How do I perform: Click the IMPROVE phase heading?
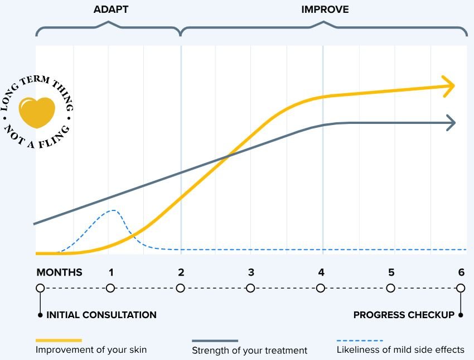(x=325, y=9)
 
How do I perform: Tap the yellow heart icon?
(x=37, y=112)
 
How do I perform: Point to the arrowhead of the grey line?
(x=450, y=123)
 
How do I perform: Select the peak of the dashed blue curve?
(x=114, y=210)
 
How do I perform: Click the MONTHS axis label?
(x=59, y=272)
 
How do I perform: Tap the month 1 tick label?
(x=111, y=272)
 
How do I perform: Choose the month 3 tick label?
(x=251, y=272)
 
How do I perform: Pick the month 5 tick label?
(x=391, y=272)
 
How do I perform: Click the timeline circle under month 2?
(x=180, y=288)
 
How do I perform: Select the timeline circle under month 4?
(x=321, y=288)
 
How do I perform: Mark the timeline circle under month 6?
(x=461, y=288)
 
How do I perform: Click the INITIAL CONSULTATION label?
(x=101, y=315)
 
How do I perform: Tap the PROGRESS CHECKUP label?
(x=404, y=315)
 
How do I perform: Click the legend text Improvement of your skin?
(x=91, y=350)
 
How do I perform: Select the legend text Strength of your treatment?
(x=249, y=351)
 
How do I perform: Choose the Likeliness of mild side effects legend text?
(x=400, y=350)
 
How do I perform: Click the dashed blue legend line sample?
(x=360, y=340)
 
